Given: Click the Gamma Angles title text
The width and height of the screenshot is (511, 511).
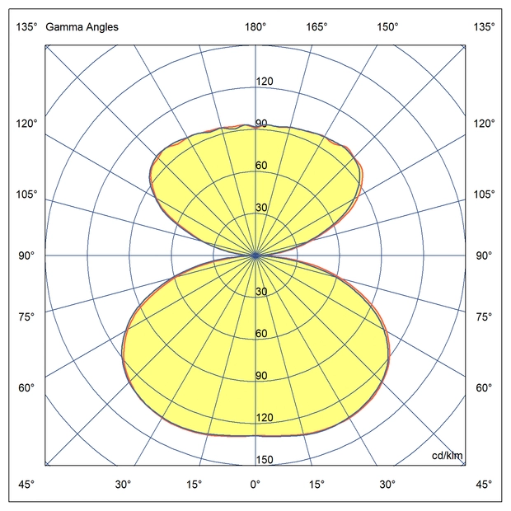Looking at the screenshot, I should [x=82, y=27].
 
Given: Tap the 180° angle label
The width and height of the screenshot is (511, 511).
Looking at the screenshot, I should [x=255, y=27].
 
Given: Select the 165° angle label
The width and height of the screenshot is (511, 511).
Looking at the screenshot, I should [x=317, y=27].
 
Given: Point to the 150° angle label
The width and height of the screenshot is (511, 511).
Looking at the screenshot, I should [x=387, y=27].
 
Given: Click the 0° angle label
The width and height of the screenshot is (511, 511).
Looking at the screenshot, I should [x=255, y=484].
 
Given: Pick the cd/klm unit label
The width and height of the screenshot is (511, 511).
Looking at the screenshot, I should [x=448, y=457].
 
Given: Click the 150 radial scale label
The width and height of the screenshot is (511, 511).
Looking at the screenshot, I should [x=265, y=460].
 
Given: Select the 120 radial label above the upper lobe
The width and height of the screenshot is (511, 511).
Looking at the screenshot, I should [x=265, y=82].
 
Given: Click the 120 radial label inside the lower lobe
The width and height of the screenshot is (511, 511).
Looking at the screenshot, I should [x=265, y=418].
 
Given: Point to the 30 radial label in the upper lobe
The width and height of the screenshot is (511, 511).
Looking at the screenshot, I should [x=261, y=208].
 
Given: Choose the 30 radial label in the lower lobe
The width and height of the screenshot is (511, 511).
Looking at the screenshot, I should [x=261, y=292].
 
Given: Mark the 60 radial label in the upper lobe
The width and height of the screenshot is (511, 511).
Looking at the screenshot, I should [x=261, y=166].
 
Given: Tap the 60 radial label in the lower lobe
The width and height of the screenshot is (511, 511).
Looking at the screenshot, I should [x=261, y=334].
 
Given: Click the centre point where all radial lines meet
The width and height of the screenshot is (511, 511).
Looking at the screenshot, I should [x=255, y=255].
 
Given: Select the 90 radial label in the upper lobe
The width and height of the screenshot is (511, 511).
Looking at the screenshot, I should [x=261, y=124].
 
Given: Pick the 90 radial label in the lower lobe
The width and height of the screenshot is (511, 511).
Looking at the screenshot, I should [x=261, y=376].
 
